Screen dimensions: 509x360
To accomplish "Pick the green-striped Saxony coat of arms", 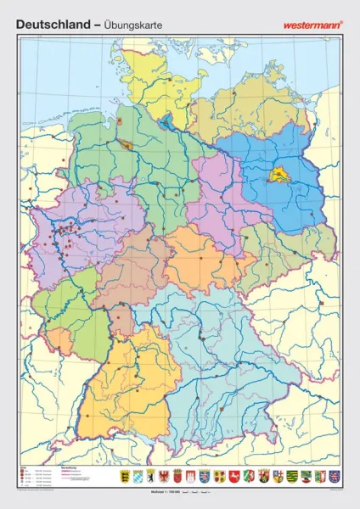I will coord(292,477).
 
